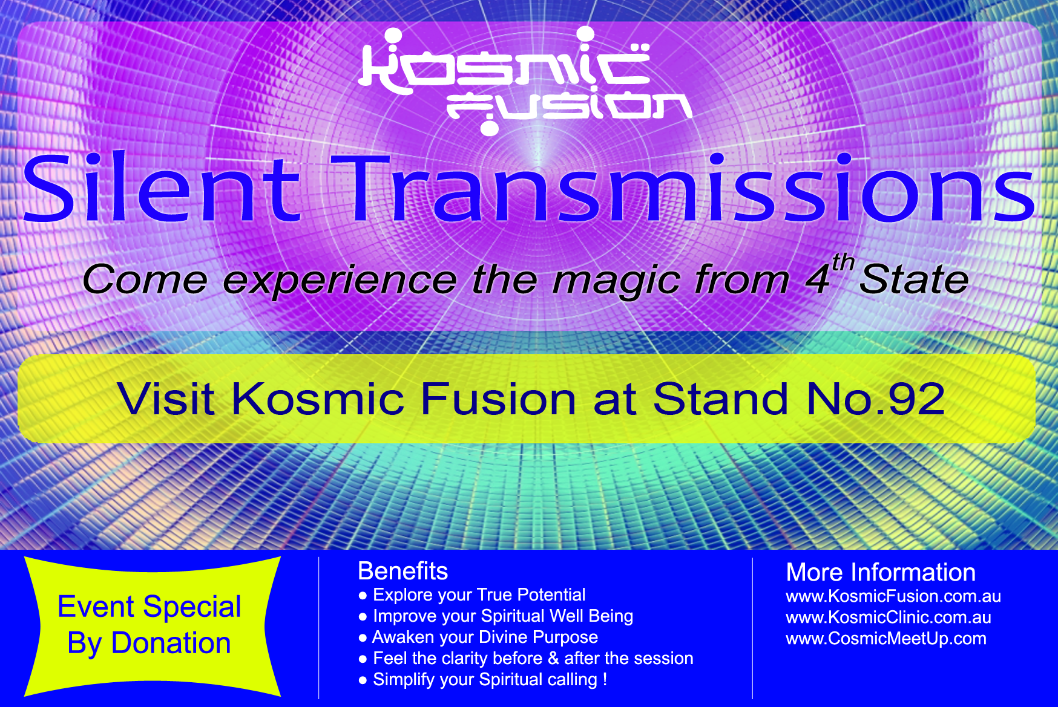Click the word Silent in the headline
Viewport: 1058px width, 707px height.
tap(162, 187)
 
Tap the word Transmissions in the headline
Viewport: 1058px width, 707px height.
tap(683, 187)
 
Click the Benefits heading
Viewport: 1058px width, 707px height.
tap(403, 571)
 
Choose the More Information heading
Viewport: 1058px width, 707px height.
tap(881, 572)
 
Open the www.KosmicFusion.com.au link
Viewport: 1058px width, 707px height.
tap(893, 596)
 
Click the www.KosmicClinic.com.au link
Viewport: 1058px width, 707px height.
tap(889, 617)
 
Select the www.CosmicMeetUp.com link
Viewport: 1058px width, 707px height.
tap(886, 639)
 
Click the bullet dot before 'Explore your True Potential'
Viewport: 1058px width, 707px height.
tap(363, 596)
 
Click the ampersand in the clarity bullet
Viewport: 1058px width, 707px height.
tap(553, 658)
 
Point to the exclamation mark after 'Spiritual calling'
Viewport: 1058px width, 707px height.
tap(605, 679)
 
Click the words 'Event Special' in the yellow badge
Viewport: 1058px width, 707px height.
tap(149, 607)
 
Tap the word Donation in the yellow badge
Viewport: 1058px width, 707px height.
tap(171, 642)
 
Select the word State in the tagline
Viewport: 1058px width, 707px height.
tap(914, 279)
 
